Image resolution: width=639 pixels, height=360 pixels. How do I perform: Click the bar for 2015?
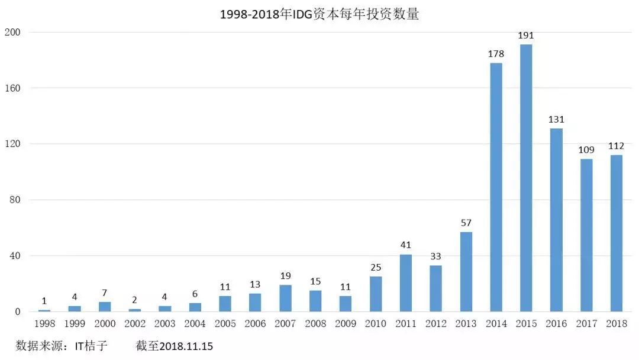coord(526,178)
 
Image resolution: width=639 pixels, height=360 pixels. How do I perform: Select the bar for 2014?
coord(496,187)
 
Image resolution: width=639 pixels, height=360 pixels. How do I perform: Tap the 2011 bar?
coord(405,283)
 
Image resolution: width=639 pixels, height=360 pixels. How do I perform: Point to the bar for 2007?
coord(285,298)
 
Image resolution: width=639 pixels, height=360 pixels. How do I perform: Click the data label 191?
coord(526,36)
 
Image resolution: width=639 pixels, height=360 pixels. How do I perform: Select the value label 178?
coord(496,54)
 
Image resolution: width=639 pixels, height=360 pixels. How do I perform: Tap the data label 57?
coord(466,223)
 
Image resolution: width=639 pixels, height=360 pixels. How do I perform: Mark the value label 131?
coord(556,120)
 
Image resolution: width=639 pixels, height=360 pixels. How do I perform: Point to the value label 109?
coord(586,150)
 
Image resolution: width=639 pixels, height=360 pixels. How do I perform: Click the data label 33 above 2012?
coord(435,256)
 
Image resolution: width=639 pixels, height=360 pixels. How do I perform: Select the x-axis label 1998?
coord(44,324)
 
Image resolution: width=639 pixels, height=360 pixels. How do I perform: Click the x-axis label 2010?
coord(376,324)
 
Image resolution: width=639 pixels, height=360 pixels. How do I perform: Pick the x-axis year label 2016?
coord(556,324)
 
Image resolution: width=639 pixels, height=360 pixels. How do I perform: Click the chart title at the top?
coord(319,14)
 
